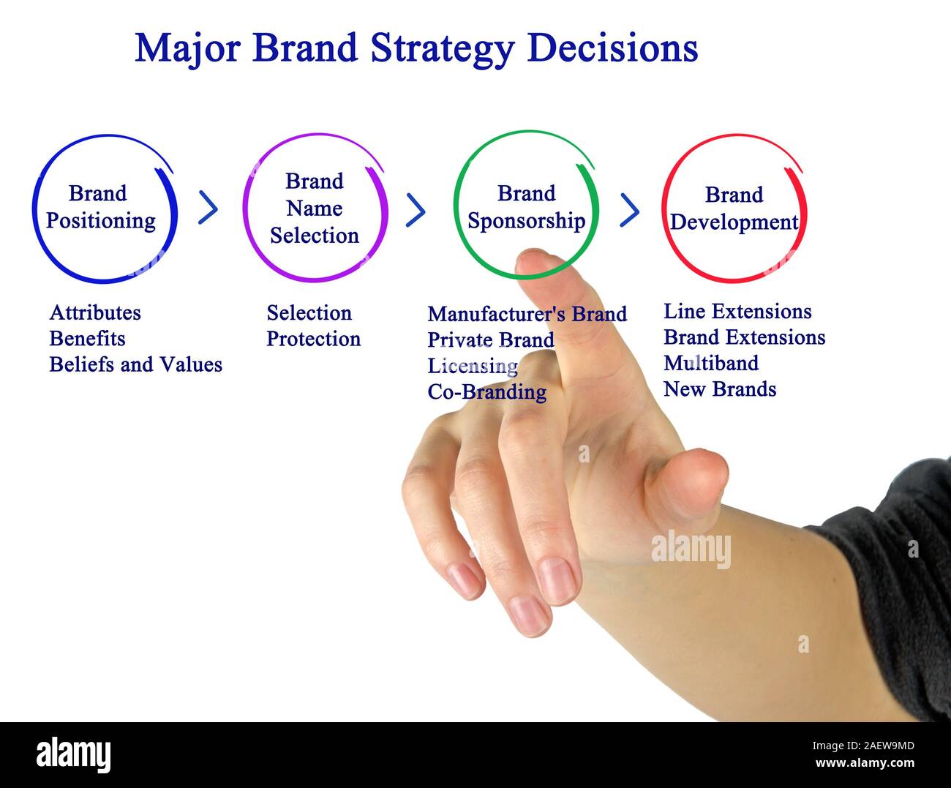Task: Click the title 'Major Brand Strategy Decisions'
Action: pyautogui.click(x=416, y=48)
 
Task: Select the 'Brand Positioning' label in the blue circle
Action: pyautogui.click(x=100, y=207)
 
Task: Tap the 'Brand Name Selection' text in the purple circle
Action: pyautogui.click(x=315, y=209)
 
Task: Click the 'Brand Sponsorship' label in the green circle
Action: pyautogui.click(x=526, y=207)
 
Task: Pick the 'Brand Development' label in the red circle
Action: pyautogui.click(x=734, y=209)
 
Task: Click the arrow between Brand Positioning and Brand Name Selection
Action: pyautogui.click(x=208, y=209)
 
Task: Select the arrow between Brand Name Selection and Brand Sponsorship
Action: pyautogui.click(x=416, y=210)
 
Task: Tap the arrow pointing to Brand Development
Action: pyautogui.click(x=629, y=210)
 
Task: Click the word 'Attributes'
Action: pyautogui.click(x=95, y=312)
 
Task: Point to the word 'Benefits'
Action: pyautogui.click(x=87, y=339)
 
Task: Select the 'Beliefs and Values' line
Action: pyautogui.click(x=135, y=364)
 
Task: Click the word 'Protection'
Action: pyautogui.click(x=313, y=339)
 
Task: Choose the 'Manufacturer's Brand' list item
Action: pyautogui.click(x=527, y=314)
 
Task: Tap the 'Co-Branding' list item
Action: pyautogui.click(x=486, y=392)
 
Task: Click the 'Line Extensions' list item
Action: pyautogui.click(x=737, y=312)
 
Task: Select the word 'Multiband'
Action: pyautogui.click(x=710, y=364)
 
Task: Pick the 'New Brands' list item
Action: pyautogui.click(x=719, y=389)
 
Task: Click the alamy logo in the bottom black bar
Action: pyautogui.click(x=74, y=754)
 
